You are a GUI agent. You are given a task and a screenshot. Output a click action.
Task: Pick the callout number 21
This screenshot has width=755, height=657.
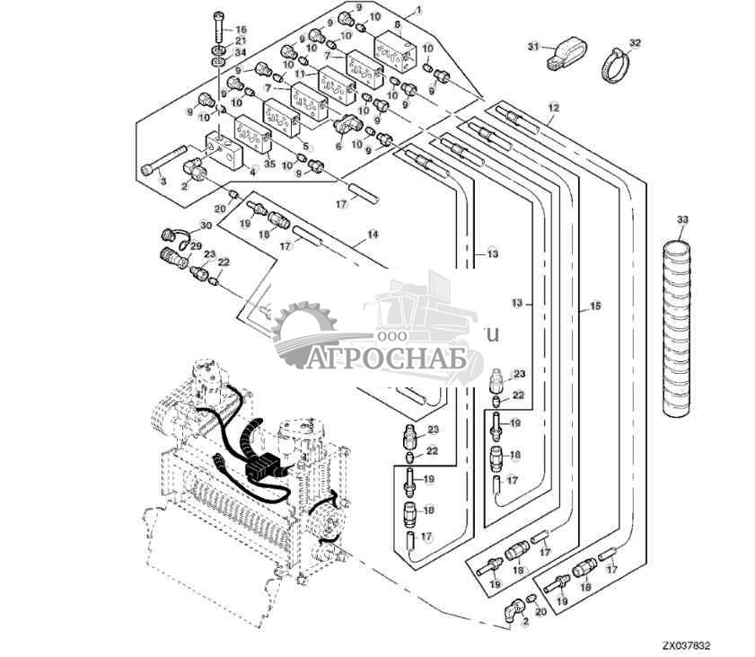click(x=240, y=41)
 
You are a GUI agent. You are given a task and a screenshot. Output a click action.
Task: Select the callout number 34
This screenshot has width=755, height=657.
click(x=240, y=53)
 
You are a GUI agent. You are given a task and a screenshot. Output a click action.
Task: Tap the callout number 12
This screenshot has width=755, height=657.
click(x=553, y=108)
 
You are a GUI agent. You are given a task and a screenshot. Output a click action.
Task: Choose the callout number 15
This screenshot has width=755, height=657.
click(x=594, y=307)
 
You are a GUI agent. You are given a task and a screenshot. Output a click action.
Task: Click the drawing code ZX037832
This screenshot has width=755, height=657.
click(x=687, y=644)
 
